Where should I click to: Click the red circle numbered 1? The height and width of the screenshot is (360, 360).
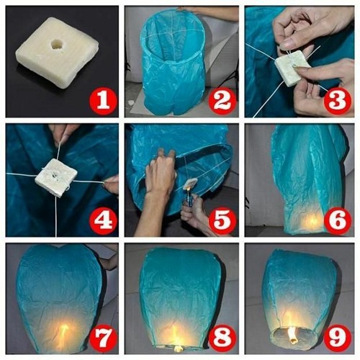click(x=102, y=101)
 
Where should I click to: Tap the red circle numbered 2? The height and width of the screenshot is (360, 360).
click(x=221, y=101)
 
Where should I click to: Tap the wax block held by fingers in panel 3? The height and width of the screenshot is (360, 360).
click(x=292, y=69)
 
